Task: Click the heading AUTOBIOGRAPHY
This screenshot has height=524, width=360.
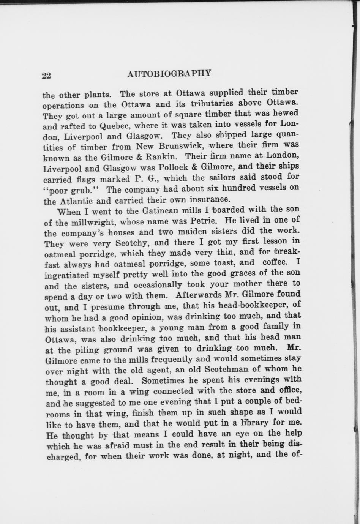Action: tap(169, 74)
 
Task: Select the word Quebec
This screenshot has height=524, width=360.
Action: tap(114, 125)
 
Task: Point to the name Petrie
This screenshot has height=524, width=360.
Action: tap(203, 220)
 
